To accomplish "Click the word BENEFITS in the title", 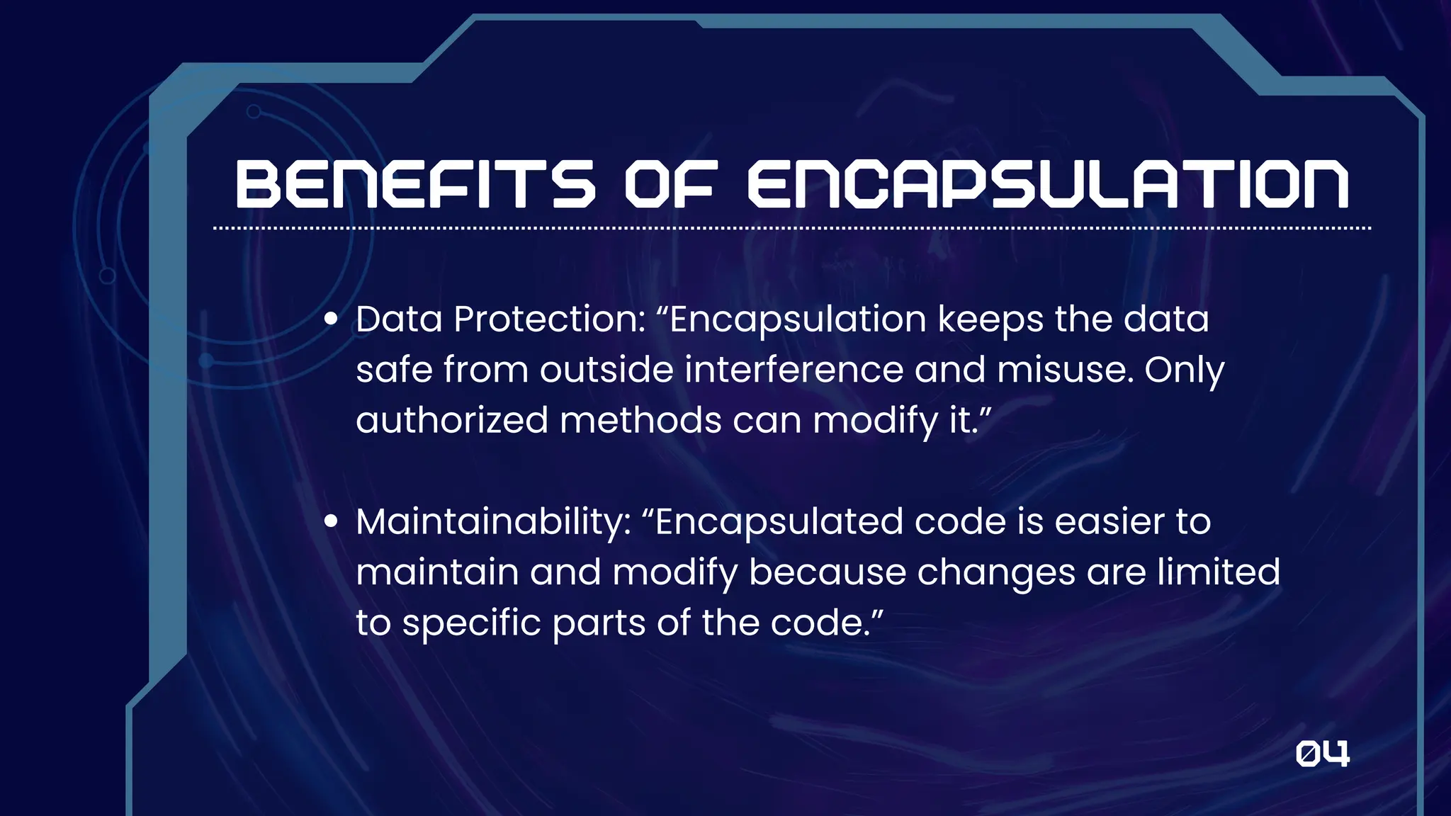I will pos(415,184).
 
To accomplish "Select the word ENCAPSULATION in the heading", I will pos(1049,184).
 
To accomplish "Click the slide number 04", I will pos(1322,754).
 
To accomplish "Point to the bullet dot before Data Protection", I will pos(331,319).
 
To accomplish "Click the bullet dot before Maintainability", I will pos(331,522).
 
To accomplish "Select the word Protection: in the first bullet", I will pos(550,319).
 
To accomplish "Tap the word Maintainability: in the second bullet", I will pos(493,522).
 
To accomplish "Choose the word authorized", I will pos(452,420).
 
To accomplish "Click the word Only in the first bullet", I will pos(1184,370).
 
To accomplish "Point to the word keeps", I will pos(990,319).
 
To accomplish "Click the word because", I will pos(827,572).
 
